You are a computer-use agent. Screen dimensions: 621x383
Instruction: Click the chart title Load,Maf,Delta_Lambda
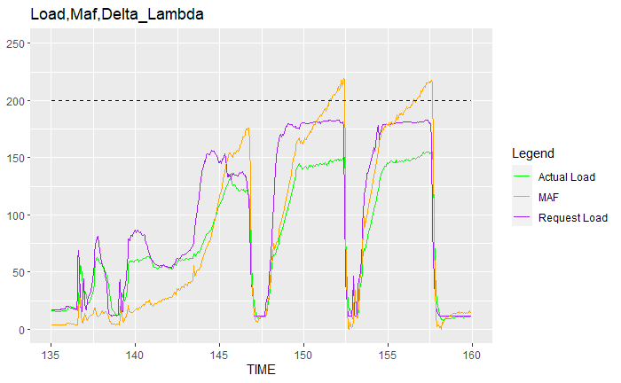coord(117,15)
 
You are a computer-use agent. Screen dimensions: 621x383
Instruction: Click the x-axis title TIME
coord(261,370)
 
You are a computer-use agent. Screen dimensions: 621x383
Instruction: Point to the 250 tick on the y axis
coord(15,43)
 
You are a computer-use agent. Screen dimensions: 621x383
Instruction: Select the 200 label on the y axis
coord(15,101)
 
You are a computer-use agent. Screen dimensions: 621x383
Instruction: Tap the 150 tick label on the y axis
coord(15,158)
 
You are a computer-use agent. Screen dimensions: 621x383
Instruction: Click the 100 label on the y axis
coord(15,215)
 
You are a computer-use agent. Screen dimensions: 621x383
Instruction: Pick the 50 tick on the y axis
coord(19,272)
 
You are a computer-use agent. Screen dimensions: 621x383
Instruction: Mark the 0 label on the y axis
coord(21,330)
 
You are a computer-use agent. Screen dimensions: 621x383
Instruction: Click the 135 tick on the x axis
coord(51,355)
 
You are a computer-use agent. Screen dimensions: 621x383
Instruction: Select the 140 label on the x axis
coord(135,355)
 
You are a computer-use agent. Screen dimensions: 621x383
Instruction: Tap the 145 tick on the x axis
coord(219,355)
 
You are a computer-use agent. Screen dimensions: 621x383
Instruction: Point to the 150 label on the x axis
coord(303,355)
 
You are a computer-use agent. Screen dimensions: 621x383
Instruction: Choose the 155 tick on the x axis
coord(388,355)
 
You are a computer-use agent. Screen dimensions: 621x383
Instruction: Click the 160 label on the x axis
coord(472,355)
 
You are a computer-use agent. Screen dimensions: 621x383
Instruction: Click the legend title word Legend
coord(533,153)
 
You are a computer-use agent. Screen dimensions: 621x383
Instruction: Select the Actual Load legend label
coord(567,176)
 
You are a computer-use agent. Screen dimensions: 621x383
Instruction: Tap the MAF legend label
coord(548,197)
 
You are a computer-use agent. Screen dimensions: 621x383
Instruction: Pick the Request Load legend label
coord(573,217)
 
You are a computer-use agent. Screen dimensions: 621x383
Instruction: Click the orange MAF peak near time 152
coord(343,78)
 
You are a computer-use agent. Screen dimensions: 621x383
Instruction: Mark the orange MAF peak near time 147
coord(248,128)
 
